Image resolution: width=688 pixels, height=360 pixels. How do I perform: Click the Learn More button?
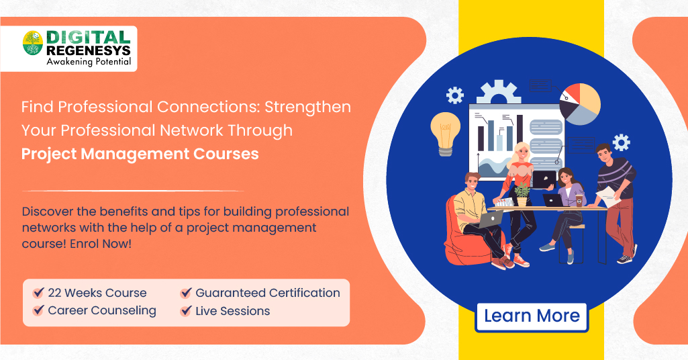532,316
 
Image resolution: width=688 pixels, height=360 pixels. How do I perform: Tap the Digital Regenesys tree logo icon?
33,43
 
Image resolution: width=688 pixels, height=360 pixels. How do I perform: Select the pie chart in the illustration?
580,103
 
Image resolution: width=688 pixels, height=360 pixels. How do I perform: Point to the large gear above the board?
499,92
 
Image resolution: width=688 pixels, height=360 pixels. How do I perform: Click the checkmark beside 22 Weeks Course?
39,292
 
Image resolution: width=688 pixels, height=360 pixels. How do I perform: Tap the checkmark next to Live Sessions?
186,311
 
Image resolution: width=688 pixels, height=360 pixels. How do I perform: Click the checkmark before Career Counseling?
39,310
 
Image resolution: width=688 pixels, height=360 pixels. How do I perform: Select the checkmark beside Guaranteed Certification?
186,292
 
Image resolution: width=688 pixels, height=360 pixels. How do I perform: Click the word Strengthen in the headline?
307,107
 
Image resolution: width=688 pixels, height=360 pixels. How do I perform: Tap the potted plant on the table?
522,195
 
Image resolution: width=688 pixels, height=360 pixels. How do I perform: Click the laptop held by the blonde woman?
544,179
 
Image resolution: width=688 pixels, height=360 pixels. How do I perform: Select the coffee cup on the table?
579,201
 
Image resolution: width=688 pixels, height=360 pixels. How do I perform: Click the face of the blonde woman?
523,152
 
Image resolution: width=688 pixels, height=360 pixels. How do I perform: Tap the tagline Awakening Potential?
89,62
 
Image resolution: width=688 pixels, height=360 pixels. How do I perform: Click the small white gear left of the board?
455,95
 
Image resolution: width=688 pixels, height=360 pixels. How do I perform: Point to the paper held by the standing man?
609,197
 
